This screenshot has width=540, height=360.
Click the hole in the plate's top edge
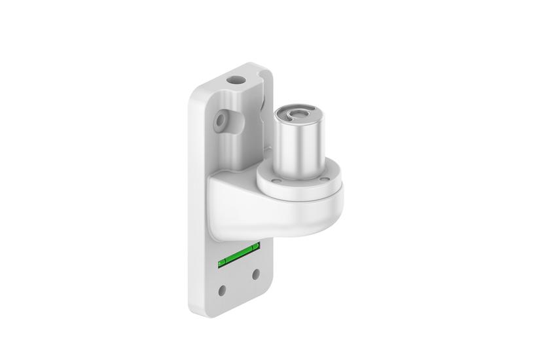(x=234, y=80)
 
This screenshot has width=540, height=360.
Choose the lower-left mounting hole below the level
(x=223, y=288)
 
